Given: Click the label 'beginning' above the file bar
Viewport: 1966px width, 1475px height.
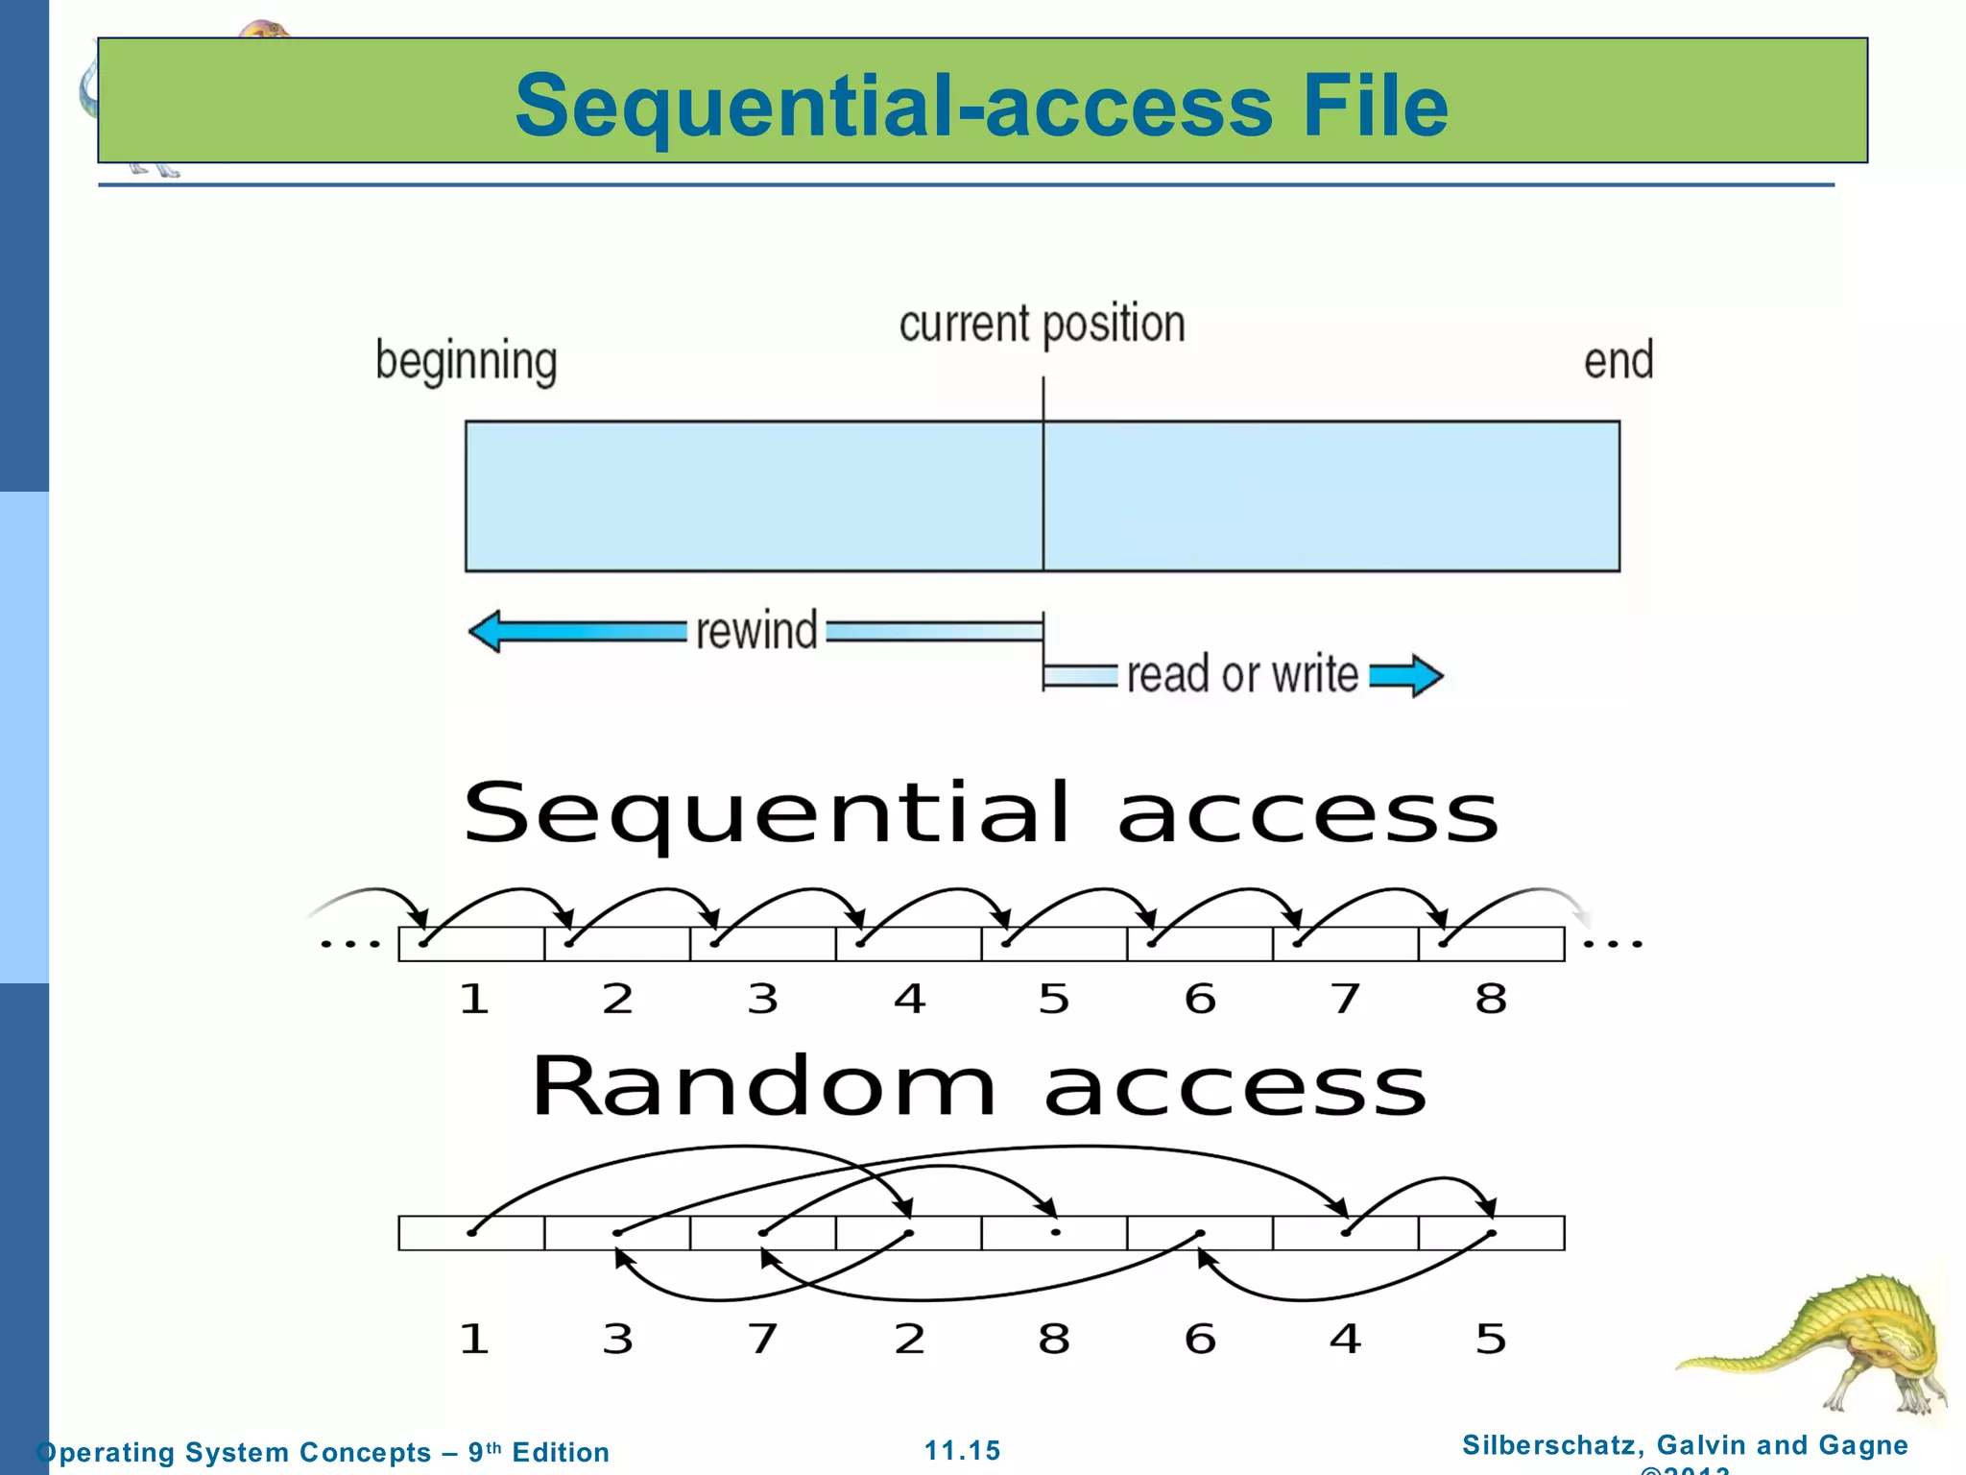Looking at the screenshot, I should [467, 362].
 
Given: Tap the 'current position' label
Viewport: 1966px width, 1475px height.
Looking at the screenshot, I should [1042, 324].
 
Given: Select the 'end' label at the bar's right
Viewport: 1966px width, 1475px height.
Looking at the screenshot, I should [1618, 361].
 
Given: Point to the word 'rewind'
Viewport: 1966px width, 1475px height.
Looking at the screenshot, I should [756, 631].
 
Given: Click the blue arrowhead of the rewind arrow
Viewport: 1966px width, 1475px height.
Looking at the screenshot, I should [485, 631].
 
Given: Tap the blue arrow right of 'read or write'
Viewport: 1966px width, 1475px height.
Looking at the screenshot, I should [1407, 675].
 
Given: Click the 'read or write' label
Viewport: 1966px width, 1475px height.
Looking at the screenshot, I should [1242, 674].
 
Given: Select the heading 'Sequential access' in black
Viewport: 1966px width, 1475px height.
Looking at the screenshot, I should [980, 813].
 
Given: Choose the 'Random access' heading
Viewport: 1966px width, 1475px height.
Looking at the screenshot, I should [979, 1087].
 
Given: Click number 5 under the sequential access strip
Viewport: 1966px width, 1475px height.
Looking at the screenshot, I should [1054, 1000].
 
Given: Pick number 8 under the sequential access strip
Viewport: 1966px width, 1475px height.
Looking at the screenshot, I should [1491, 1000].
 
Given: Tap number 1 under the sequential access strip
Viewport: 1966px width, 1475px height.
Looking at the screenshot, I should [474, 1000].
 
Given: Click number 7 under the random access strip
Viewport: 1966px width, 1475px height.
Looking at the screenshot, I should [763, 1339].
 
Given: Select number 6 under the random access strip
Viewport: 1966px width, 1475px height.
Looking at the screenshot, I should [1200, 1339].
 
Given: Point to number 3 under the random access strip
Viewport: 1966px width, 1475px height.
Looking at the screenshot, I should [617, 1339].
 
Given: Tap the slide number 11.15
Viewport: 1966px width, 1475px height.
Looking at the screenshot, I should [962, 1450].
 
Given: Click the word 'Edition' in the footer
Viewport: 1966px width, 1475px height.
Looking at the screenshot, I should [561, 1452].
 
